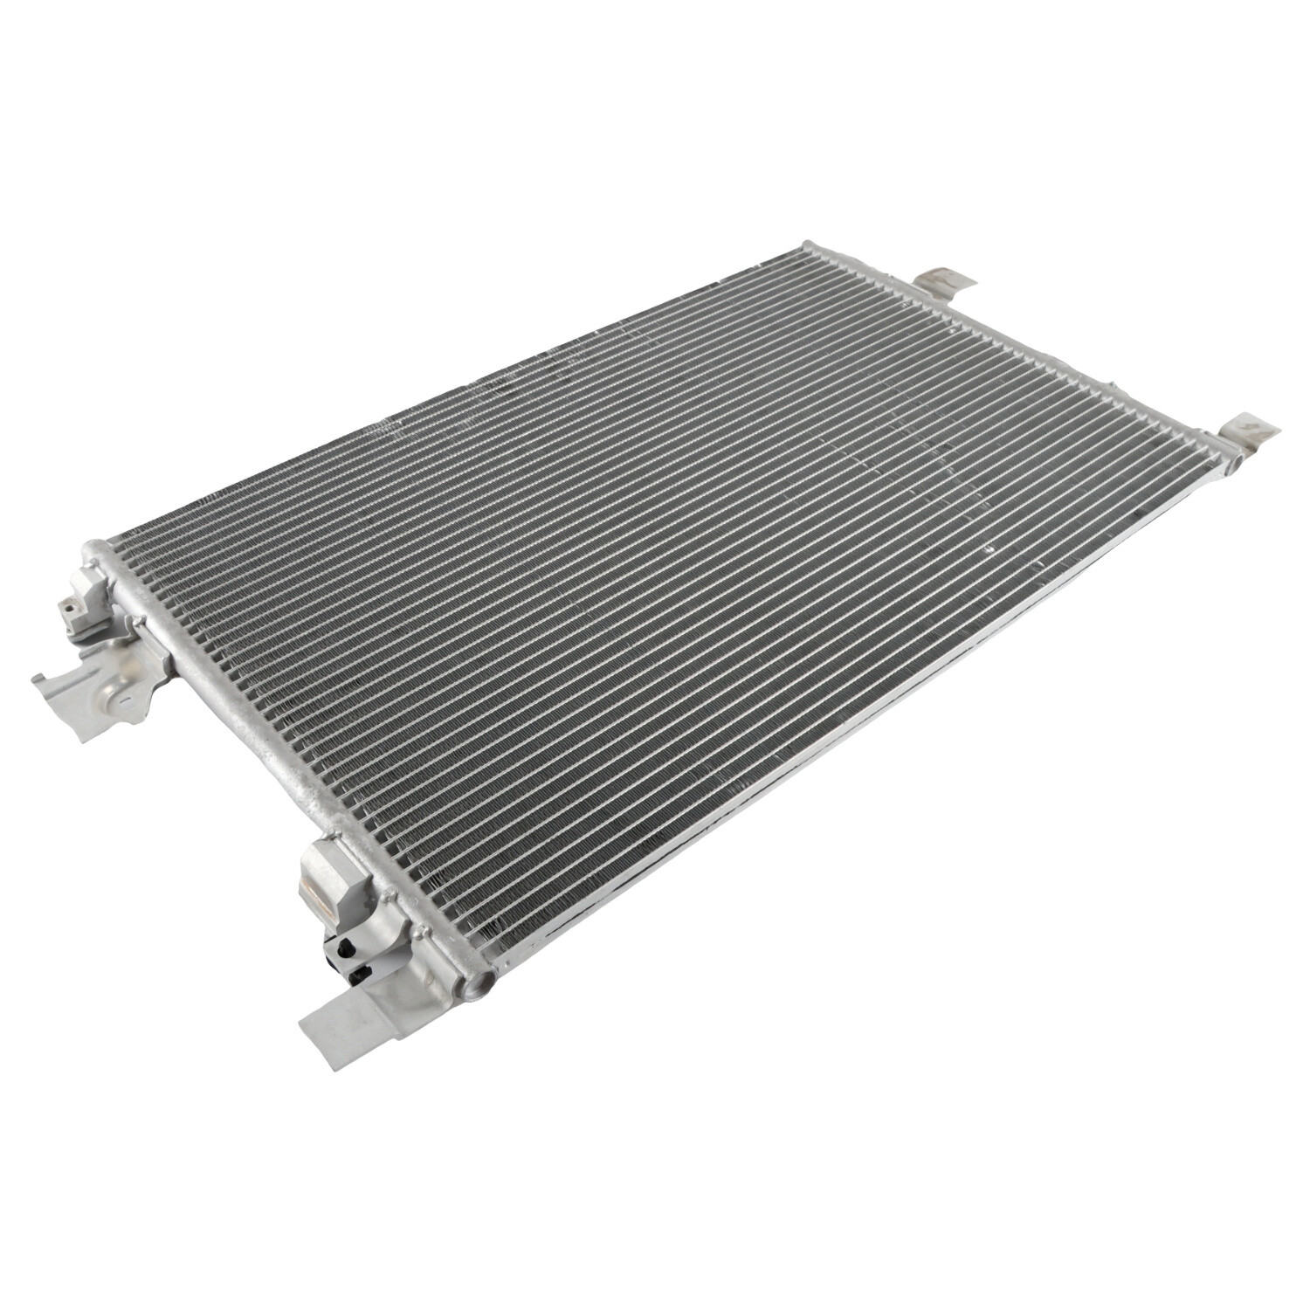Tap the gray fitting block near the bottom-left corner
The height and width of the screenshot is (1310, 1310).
[x=336, y=886]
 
